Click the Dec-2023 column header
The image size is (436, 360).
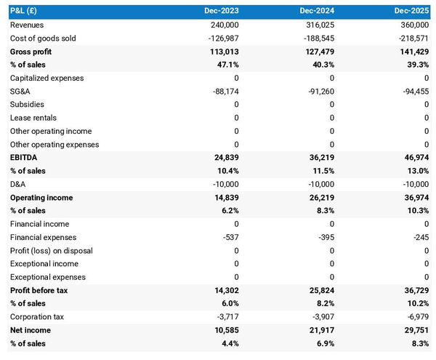click(x=221, y=12)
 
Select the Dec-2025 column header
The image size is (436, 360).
click(x=411, y=12)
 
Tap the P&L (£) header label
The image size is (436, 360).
click(x=26, y=12)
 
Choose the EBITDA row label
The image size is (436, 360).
click(x=23, y=158)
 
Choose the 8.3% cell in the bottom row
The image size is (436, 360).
click(x=419, y=344)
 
